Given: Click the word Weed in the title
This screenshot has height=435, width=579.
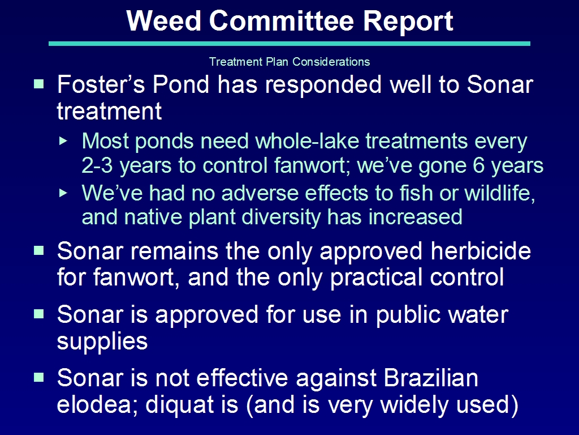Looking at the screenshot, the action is point(163,21).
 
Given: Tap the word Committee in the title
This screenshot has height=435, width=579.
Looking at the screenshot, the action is point(282,21).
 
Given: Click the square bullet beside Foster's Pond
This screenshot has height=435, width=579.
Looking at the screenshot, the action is point(39,84).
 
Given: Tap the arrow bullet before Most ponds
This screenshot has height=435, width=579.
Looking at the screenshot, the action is point(63,141).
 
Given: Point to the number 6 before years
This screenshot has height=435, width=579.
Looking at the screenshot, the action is point(478,165).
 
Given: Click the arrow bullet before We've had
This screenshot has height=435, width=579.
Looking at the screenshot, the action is point(63,193).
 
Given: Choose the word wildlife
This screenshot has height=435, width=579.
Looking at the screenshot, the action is point(500,194).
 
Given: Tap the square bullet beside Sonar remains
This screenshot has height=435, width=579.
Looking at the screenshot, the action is point(39,251).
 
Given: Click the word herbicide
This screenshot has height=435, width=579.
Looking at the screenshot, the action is point(481,251).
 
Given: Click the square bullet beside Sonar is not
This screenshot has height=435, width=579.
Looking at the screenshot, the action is point(39,377).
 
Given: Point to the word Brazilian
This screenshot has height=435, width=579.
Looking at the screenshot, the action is point(431,378).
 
